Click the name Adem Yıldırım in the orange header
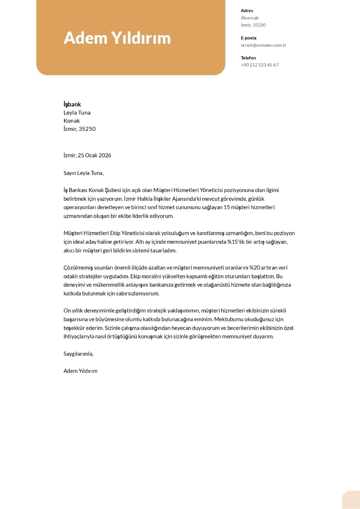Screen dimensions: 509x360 pyautogui.click(x=117, y=38)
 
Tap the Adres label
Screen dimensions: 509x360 pyautogui.click(x=247, y=10)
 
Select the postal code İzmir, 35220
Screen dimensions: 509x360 pyautogui.click(x=253, y=25)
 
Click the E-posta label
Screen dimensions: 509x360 pyautogui.click(x=248, y=38)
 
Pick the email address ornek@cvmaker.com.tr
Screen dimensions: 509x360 pyautogui.click(x=263, y=45)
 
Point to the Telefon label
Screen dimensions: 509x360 pyautogui.click(x=248, y=58)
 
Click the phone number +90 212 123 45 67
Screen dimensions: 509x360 pyautogui.click(x=260, y=65)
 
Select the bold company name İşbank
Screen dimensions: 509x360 pyautogui.click(x=72, y=104)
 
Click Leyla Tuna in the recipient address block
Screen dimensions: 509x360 pyautogui.click(x=77, y=112)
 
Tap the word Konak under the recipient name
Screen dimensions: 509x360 pyautogui.click(x=72, y=121)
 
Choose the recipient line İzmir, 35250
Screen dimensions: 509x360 pyautogui.click(x=79, y=129)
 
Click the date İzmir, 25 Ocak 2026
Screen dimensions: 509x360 pyautogui.click(x=87, y=155)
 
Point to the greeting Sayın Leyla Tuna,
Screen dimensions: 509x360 pyautogui.click(x=84, y=173)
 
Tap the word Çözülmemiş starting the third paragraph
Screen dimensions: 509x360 pyautogui.click(x=78, y=268)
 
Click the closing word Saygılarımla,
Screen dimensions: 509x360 pyautogui.click(x=78, y=353)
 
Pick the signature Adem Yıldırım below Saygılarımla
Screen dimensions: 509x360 pyautogui.click(x=80, y=371)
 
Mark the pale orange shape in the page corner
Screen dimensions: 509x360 pyautogui.click(x=351, y=500)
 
